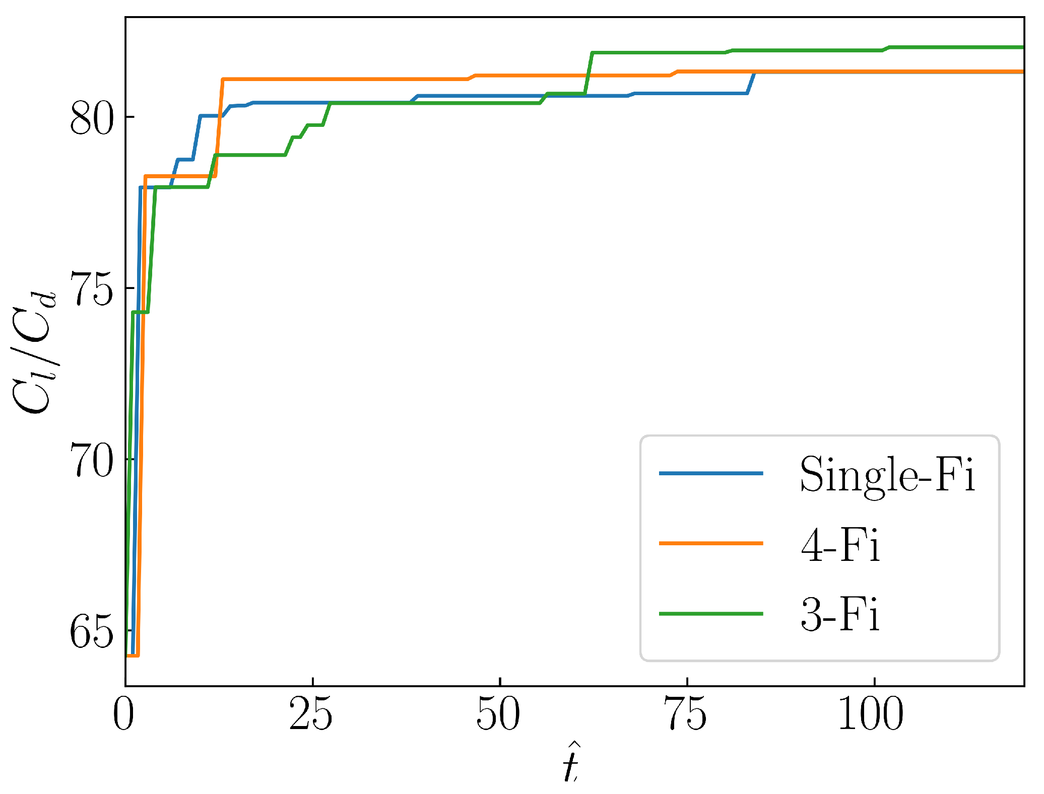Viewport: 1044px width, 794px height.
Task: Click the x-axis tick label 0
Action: pyautogui.click(x=124, y=715)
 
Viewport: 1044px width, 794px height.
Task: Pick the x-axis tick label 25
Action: pyautogui.click(x=311, y=715)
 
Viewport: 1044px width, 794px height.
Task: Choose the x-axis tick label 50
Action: pyautogui.click(x=498, y=715)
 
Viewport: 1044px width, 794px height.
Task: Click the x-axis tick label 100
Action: pyautogui.click(x=871, y=715)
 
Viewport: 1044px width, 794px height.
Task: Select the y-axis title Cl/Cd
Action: pyautogui.click(x=34, y=352)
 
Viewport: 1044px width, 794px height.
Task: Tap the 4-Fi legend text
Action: pyautogui.click(x=840, y=545)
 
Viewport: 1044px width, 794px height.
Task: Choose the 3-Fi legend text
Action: pyautogui.click(x=840, y=615)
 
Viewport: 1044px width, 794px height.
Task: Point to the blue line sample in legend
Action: pyautogui.click(x=711, y=473)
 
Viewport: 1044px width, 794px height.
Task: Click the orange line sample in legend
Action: pyautogui.click(x=711, y=543)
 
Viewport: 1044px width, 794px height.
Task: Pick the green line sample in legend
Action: pyautogui.click(x=711, y=614)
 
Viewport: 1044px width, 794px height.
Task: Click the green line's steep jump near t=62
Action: pyautogui.click(x=589, y=73)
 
